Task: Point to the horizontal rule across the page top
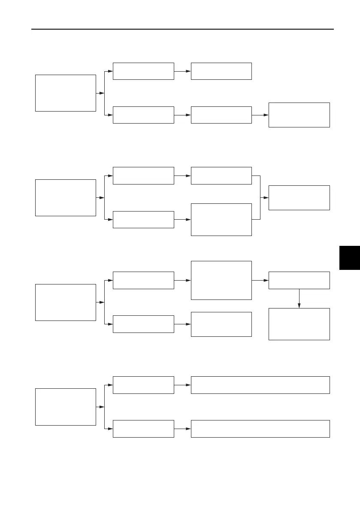183,29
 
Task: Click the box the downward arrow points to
299,324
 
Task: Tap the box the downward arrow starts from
299,280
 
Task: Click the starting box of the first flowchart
65,93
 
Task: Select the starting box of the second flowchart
65,197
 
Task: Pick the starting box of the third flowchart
65,302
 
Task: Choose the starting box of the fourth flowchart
65,406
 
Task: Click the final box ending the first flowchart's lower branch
299,115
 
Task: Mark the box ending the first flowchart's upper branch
221,71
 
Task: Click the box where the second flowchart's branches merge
299,197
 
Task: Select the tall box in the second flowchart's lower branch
221,219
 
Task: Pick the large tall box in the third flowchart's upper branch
221,280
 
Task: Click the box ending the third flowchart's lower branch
221,324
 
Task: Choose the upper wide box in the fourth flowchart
260,384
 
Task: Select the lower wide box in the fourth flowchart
260,429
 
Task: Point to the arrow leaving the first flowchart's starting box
101,93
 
